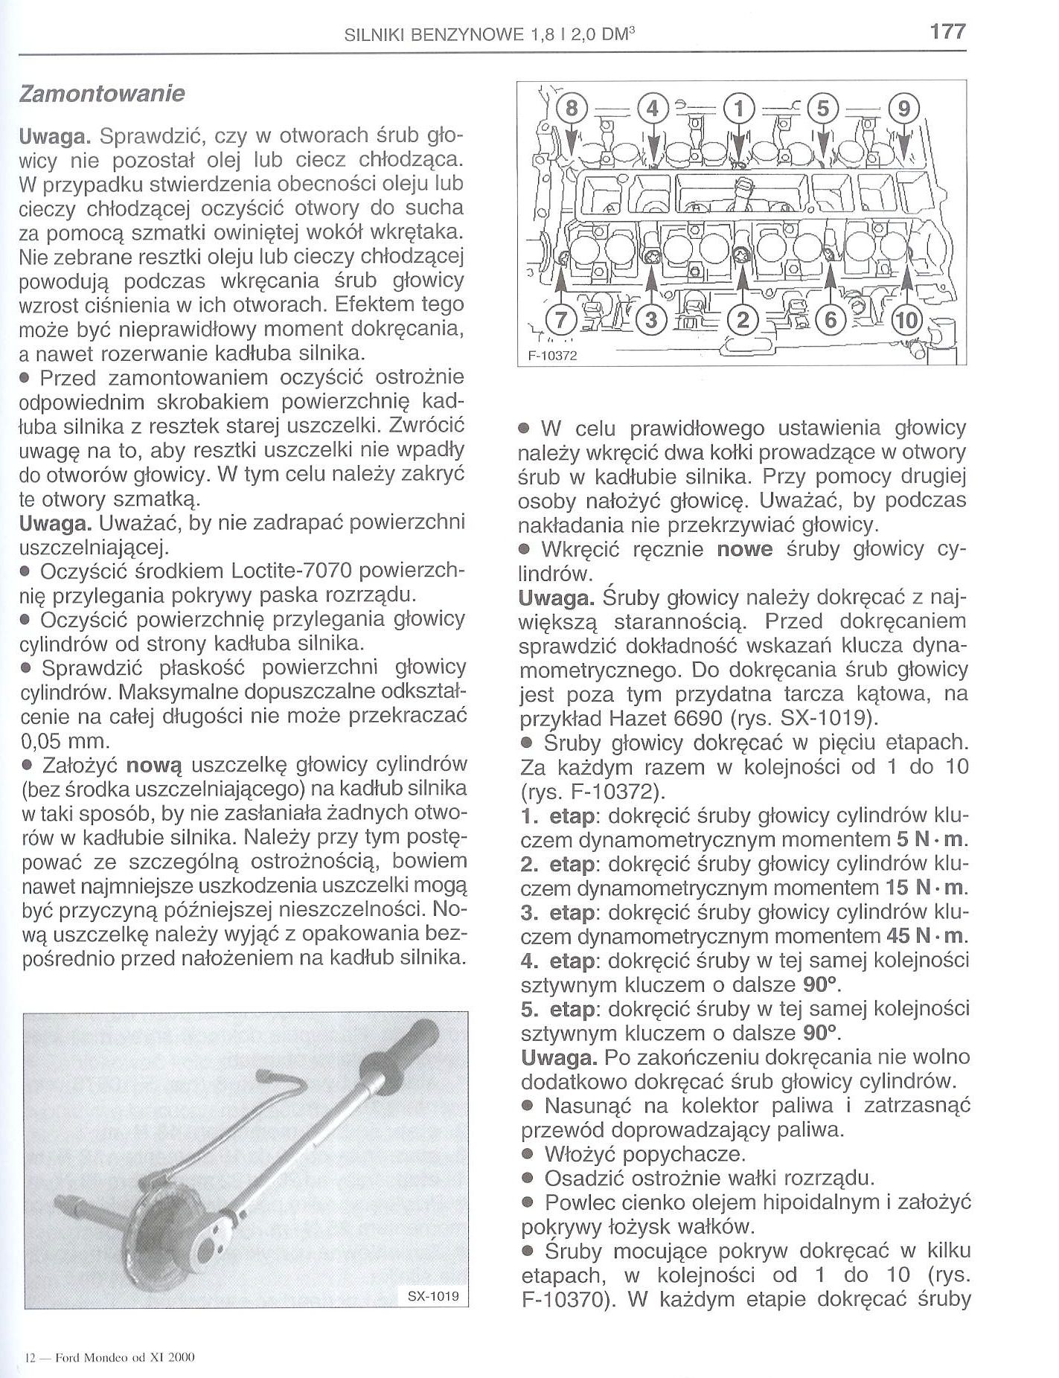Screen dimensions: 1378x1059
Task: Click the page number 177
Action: pos(947,31)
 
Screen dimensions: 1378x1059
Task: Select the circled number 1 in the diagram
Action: pos(738,109)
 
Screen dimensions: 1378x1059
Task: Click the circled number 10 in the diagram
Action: pos(906,321)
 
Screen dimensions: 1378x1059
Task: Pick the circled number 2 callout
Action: pos(742,321)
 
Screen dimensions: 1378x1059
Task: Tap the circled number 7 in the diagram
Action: pos(560,321)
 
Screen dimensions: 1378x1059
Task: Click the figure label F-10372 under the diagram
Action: pos(552,356)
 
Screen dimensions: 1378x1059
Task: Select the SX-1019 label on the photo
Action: pos(434,1296)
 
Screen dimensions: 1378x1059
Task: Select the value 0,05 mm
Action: pos(65,741)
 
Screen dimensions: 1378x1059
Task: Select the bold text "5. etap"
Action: pos(557,1009)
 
